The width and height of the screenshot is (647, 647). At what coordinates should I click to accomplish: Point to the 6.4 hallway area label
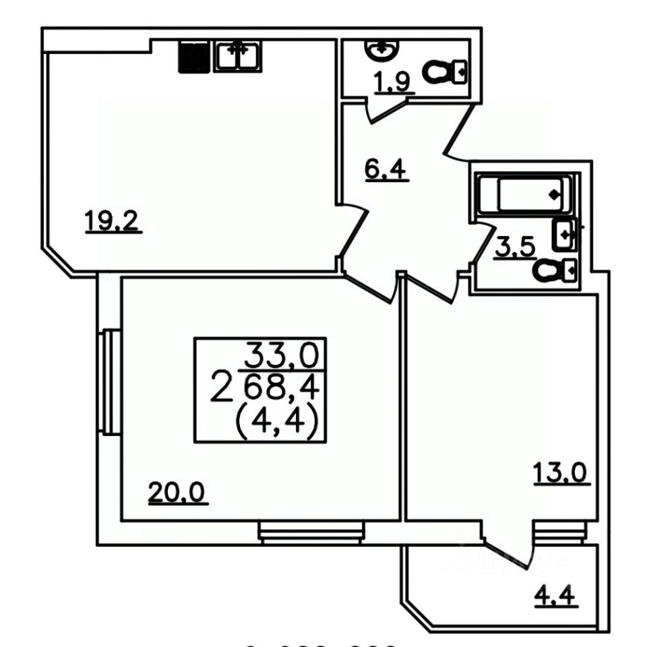click(385, 169)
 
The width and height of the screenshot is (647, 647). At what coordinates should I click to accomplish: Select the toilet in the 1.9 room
click(445, 71)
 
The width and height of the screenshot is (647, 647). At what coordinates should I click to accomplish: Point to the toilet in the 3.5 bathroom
click(554, 271)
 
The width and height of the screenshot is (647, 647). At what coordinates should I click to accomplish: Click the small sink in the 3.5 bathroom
click(564, 235)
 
